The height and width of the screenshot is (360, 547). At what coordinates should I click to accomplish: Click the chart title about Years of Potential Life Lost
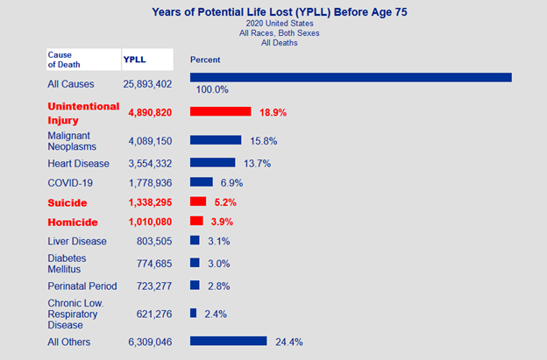point(279,12)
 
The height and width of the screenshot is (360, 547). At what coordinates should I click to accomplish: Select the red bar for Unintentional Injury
point(221,112)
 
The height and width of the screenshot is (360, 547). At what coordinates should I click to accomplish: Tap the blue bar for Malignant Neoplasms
point(216,140)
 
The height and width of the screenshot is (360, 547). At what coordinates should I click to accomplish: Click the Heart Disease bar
point(212,163)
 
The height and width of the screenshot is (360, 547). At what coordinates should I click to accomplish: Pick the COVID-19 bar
point(202,182)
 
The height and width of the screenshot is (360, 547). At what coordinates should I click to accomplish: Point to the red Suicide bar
point(198,201)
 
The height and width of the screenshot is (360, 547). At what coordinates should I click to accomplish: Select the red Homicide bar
point(196,221)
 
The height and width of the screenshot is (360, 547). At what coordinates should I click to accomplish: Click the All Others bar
point(228,341)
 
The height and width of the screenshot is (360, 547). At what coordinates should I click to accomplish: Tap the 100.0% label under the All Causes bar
point(211,89)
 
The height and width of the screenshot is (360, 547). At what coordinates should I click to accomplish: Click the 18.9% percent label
point(273,113)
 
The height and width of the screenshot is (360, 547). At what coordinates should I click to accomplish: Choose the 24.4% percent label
point(288,342)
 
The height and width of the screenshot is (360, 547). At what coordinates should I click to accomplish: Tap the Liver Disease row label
point(77,241)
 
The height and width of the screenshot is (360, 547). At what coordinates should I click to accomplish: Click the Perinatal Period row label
point(82,286)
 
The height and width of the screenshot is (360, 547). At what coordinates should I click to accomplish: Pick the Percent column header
point(205,60)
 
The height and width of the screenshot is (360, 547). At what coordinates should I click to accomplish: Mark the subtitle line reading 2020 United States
point(279,24)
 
